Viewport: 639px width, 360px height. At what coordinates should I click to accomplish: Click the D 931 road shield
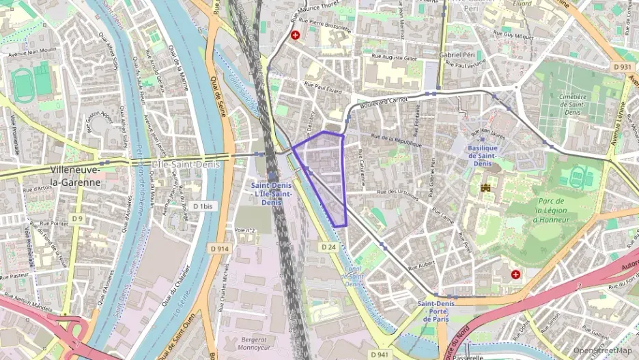622,67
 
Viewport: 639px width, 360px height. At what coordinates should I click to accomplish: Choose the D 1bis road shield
203,206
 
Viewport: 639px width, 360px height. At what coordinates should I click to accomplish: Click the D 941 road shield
381,354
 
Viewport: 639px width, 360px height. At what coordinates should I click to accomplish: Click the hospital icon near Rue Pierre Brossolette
296,35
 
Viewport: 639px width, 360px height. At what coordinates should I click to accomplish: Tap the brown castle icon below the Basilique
486,187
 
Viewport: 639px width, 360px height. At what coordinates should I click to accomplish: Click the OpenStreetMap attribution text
602,350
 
